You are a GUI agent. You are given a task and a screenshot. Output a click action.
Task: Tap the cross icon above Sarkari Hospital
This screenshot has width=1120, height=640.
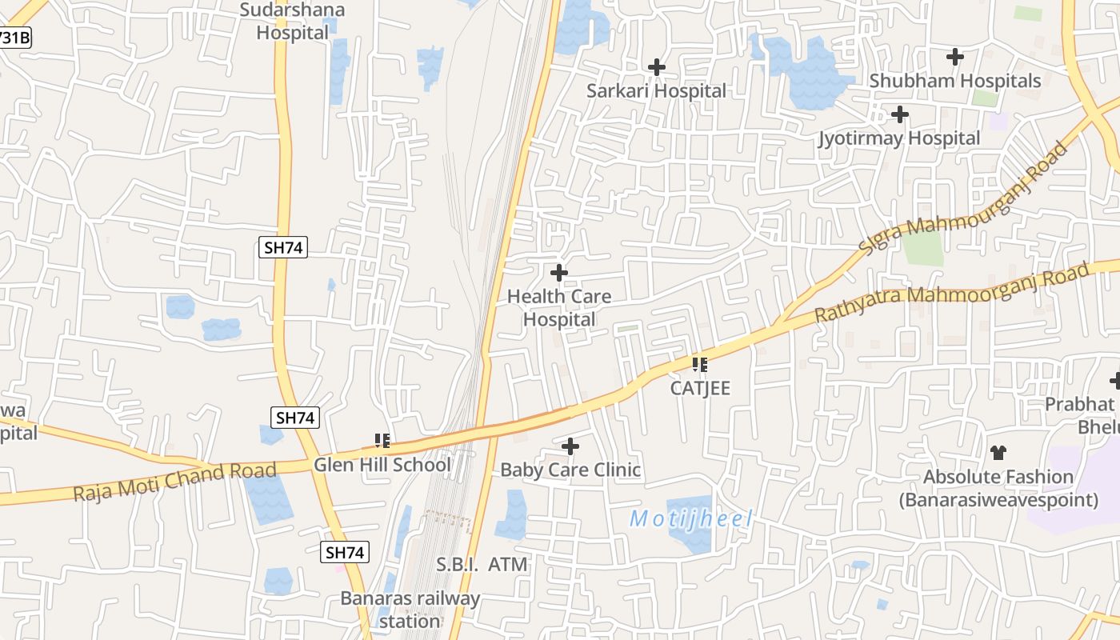(x=657, y=67)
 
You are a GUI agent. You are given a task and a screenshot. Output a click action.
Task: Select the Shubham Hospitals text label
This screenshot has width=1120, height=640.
(x=955, y=81)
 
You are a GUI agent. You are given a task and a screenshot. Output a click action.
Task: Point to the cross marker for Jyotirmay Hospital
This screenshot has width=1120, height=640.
(x=900, y=115)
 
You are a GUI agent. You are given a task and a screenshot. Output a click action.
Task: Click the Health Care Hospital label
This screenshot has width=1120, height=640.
(x=559, y=308)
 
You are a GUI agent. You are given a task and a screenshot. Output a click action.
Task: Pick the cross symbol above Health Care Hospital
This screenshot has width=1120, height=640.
(x=559, y=274)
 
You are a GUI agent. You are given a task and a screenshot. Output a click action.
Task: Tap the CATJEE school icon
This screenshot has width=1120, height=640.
(x=700, y=365)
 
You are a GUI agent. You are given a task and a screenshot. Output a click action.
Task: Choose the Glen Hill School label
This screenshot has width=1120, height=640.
(x=382, y=465)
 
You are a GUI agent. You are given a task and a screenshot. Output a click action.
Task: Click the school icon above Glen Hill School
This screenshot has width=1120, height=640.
(x=382, y=440)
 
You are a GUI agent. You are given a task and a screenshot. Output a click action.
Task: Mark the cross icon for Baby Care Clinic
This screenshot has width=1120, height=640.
(x=570, y=446)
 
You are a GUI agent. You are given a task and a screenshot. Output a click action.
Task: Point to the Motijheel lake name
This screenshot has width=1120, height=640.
(x=691, y=519)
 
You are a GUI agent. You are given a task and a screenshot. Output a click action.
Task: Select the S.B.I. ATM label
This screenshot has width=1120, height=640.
(x=482, y=565)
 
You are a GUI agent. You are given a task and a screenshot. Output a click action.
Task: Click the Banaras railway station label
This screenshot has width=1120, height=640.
(x=410, y=610)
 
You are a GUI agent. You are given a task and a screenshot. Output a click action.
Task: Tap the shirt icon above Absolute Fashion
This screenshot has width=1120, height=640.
(x=998, y=453)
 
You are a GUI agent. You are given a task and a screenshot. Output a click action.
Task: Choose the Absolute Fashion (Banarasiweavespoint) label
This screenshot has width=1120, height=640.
(x=998, y=489)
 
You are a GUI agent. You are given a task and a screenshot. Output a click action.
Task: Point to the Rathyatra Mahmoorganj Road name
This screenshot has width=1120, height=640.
(x=952, y=293)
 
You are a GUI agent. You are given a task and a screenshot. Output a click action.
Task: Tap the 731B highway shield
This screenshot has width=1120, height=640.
(x=14, y=38)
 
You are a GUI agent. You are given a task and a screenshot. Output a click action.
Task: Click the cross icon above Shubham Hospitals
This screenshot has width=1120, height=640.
(x=955, y=57)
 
